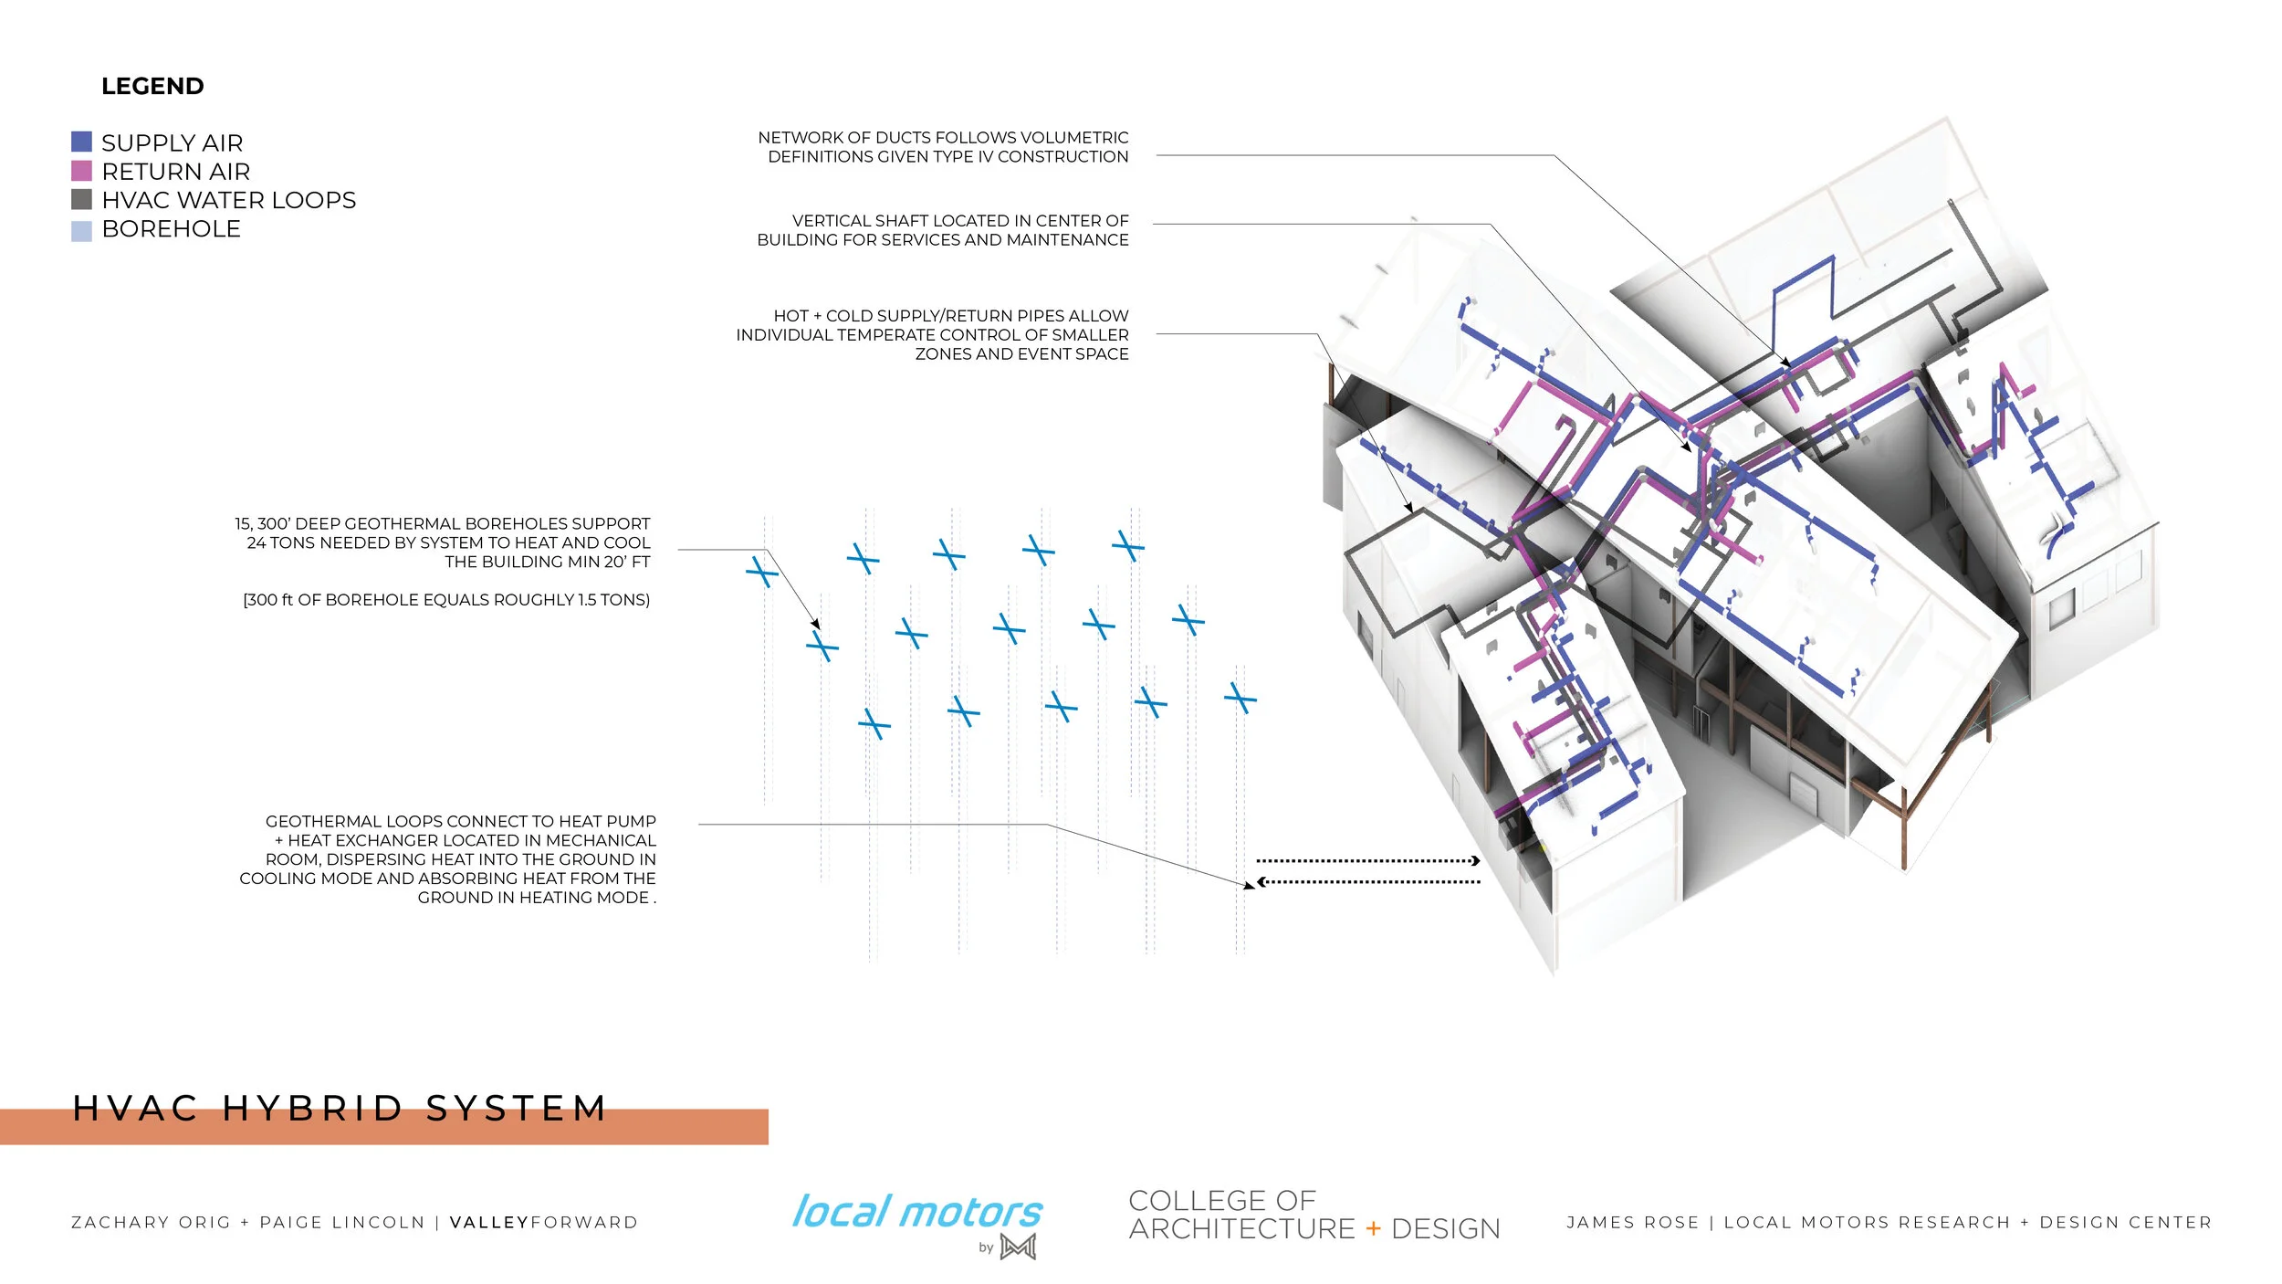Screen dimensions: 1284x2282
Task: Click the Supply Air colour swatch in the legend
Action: click(81, 142)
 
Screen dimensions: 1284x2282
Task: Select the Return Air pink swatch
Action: click(81, 171)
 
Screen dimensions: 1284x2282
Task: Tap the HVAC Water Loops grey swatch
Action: click(81, 199)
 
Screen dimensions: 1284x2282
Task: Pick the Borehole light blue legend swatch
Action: click(81, 231)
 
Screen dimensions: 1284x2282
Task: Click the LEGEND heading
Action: click(152, 87)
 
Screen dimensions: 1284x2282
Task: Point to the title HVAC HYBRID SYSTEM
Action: click(340, 1109)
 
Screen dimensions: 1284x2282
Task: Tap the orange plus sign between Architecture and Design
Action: click(1373, 1229)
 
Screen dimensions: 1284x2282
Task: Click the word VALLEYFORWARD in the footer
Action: click(544, 1223)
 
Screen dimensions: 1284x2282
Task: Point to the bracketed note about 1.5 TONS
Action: click(446, 600)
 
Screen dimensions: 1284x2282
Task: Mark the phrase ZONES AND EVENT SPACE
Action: click(1021, 354)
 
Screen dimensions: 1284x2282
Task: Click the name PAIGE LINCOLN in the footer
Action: click(342, 1223)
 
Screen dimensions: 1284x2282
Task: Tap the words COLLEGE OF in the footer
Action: click(1222, 1200)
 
